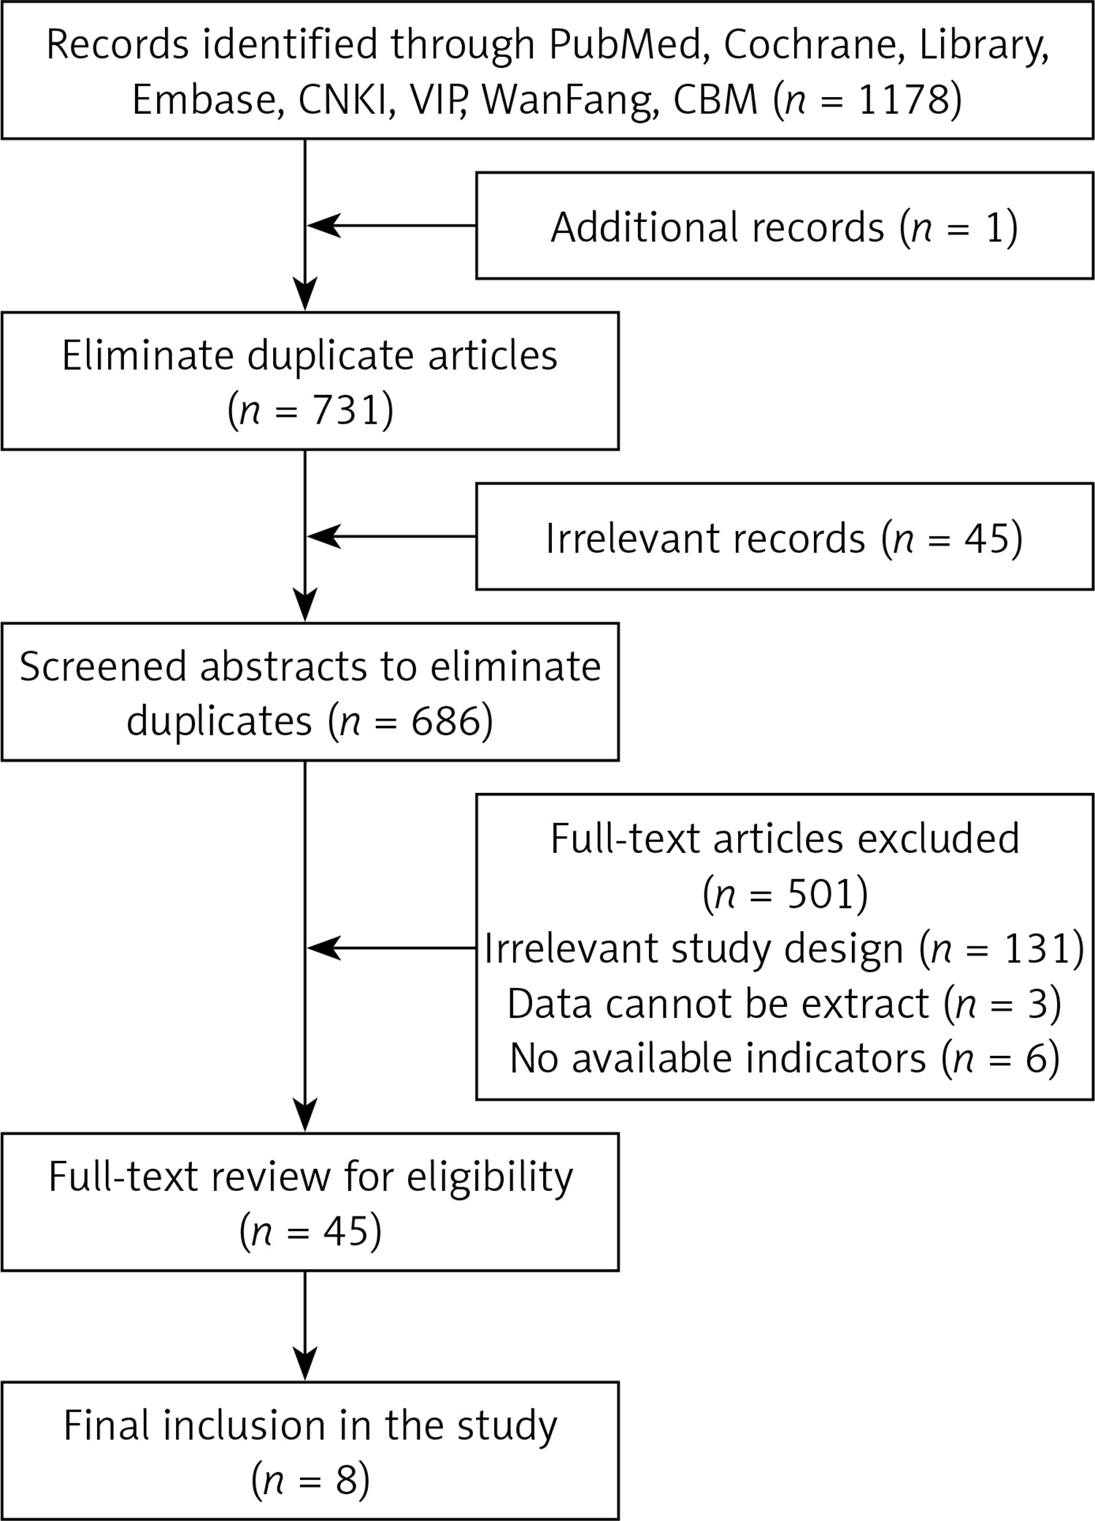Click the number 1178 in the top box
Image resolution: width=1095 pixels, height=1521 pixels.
tap(903, 99)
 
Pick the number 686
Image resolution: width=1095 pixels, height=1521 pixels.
tap(445, 721)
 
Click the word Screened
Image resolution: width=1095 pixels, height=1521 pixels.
tap(103, 667)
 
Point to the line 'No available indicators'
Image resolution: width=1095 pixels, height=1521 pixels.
tap(718, 1058)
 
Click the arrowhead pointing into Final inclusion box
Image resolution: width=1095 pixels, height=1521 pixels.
tap(304, 1364)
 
